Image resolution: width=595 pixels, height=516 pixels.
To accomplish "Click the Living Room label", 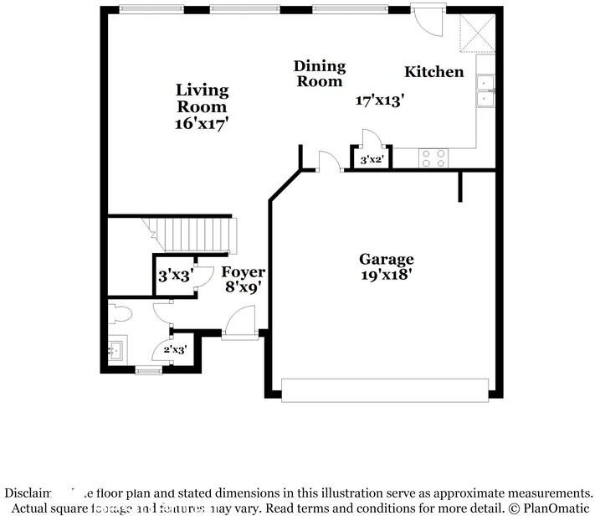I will (202, 98).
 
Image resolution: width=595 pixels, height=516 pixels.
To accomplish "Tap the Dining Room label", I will (319, 74).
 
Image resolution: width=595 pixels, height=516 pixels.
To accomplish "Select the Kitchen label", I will (433, 72).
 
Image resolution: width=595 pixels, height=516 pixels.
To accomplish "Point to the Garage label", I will (387, 260).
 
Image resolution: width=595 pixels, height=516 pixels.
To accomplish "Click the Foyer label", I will (243, 272).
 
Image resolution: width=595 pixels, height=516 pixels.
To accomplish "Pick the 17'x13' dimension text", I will (380, 100).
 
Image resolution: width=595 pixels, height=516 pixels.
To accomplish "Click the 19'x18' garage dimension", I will (386, 274).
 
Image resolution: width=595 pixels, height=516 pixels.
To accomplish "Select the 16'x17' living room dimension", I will (202, 122).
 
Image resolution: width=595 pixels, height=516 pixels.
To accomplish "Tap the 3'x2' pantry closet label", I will (370, 159).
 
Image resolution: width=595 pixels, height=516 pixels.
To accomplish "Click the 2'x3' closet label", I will (175, 349).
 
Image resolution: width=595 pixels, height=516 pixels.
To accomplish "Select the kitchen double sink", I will (485, 91).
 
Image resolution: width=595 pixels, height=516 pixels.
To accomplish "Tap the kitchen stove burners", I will (433, 158).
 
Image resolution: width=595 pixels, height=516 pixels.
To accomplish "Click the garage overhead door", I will (385, 390).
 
